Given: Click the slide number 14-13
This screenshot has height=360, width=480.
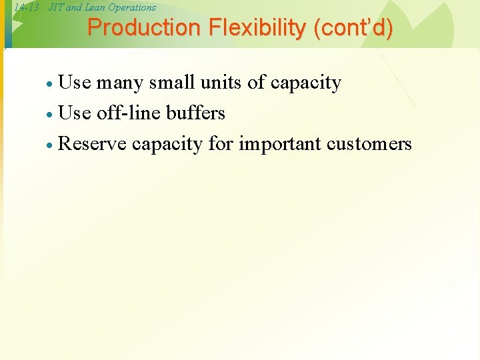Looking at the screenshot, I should pyautogui.click(x=27, y=7).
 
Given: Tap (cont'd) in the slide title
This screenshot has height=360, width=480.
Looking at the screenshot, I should pyautogui.click(x=352, y=28).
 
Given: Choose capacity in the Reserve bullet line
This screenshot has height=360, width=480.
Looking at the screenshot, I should pyautogui.click(x=167, y=145).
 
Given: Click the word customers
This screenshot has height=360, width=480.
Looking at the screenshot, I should pyautogui.click(x=369, y=143).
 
